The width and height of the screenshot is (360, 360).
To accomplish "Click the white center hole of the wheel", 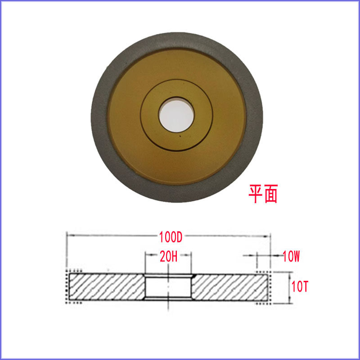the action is click(x=176, y=115).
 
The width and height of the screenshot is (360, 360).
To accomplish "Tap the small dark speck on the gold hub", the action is click(x=180, y=136).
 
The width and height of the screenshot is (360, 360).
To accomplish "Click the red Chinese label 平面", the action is click(x=263, y=193).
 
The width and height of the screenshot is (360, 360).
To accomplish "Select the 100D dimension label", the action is click(x=171, y=237).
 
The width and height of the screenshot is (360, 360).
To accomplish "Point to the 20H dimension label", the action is click(x=169, y=256).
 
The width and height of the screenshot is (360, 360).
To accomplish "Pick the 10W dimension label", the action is click(x=291, y=256).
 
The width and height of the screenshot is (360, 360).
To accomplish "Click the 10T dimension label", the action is click(x=300, y=286).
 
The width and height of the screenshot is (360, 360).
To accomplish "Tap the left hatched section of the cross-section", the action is click(x=107, y=287).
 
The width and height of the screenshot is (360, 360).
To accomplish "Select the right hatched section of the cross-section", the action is click(x=230, y=287).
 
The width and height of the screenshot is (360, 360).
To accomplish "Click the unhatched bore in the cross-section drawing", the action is click(x=168, y=287).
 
